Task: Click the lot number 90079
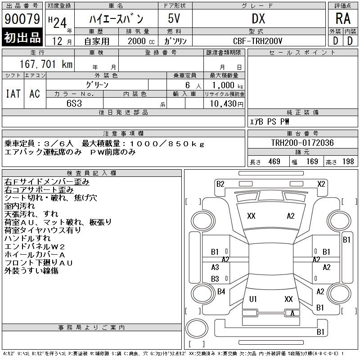pos(22,19)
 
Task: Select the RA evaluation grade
pos(343,18)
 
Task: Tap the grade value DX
pos(258,18)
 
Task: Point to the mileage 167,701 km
pos(46,64)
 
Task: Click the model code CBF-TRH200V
pos(257,41)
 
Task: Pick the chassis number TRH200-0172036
pos(302,143)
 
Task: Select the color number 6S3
pos(74,103)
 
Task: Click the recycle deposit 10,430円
pos(226,104)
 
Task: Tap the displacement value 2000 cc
pos(141,41)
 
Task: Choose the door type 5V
pos(174,18)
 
